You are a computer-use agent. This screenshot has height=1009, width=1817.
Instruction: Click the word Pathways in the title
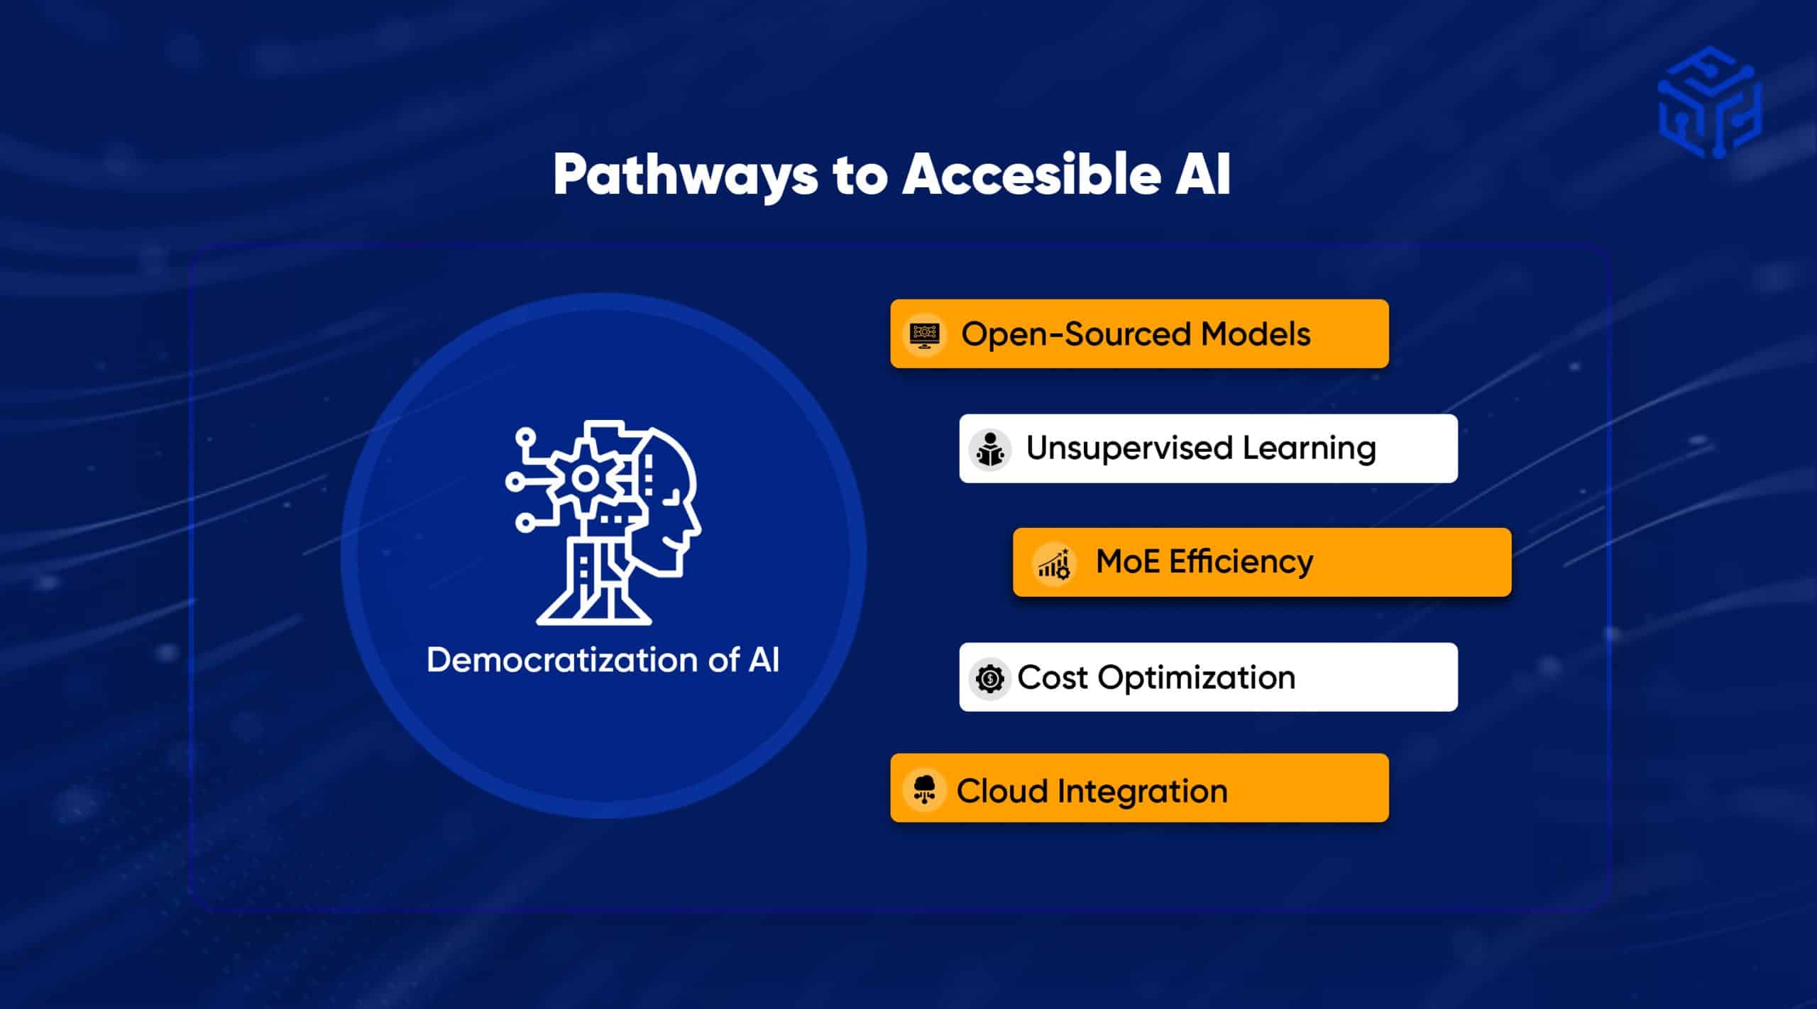click(x=685, y=175)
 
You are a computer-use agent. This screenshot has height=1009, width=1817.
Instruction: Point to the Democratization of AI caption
click(x=603, y=660)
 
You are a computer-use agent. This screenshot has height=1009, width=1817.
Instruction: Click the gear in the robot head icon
click(x=585, y=478)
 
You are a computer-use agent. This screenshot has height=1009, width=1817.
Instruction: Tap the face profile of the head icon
click(x=671, y=504)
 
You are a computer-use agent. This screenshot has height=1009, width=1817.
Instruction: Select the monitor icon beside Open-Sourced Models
click(x=924, y=333)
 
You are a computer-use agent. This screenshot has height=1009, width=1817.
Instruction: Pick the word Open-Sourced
click(x=1075, y=333)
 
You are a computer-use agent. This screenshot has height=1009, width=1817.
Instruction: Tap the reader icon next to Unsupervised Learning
click(x=989, y=449)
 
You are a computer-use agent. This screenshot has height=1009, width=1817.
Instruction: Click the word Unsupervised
click(x=1129, y=448)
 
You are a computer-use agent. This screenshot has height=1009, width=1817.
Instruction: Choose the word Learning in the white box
click(x=1309, y=448)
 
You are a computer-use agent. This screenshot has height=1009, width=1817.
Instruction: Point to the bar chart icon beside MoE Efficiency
click(x=1054, y=563)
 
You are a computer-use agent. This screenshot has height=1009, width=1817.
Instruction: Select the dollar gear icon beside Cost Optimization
click(x=989, y=678)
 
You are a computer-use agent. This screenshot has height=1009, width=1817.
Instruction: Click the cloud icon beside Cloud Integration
click(x=923, y=789)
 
